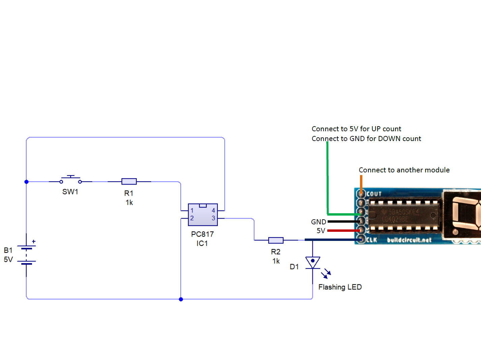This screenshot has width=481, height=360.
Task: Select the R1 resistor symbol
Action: tap(129, 182)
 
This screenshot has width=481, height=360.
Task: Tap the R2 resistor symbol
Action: tap(276, 240)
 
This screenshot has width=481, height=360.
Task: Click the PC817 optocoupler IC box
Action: tap(203, 215)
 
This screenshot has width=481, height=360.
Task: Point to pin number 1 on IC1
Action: tap(192, 211)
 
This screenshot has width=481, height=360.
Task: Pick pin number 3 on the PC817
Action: tap(213, 218)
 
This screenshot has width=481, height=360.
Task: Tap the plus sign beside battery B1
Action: tap(34, 242)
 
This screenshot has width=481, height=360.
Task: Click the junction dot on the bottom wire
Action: tap(181, 299)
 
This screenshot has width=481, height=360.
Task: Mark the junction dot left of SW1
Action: tap(27, 182)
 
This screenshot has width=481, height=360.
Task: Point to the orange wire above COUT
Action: tap(361, 184)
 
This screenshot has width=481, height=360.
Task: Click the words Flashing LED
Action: tap(340, 287)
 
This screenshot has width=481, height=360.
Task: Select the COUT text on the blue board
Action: tap(374, 194)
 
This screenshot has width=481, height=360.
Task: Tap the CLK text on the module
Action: tap(371, 240)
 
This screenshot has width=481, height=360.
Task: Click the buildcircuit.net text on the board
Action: tap(409, 240)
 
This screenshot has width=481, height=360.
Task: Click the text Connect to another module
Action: tap(404, 170)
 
